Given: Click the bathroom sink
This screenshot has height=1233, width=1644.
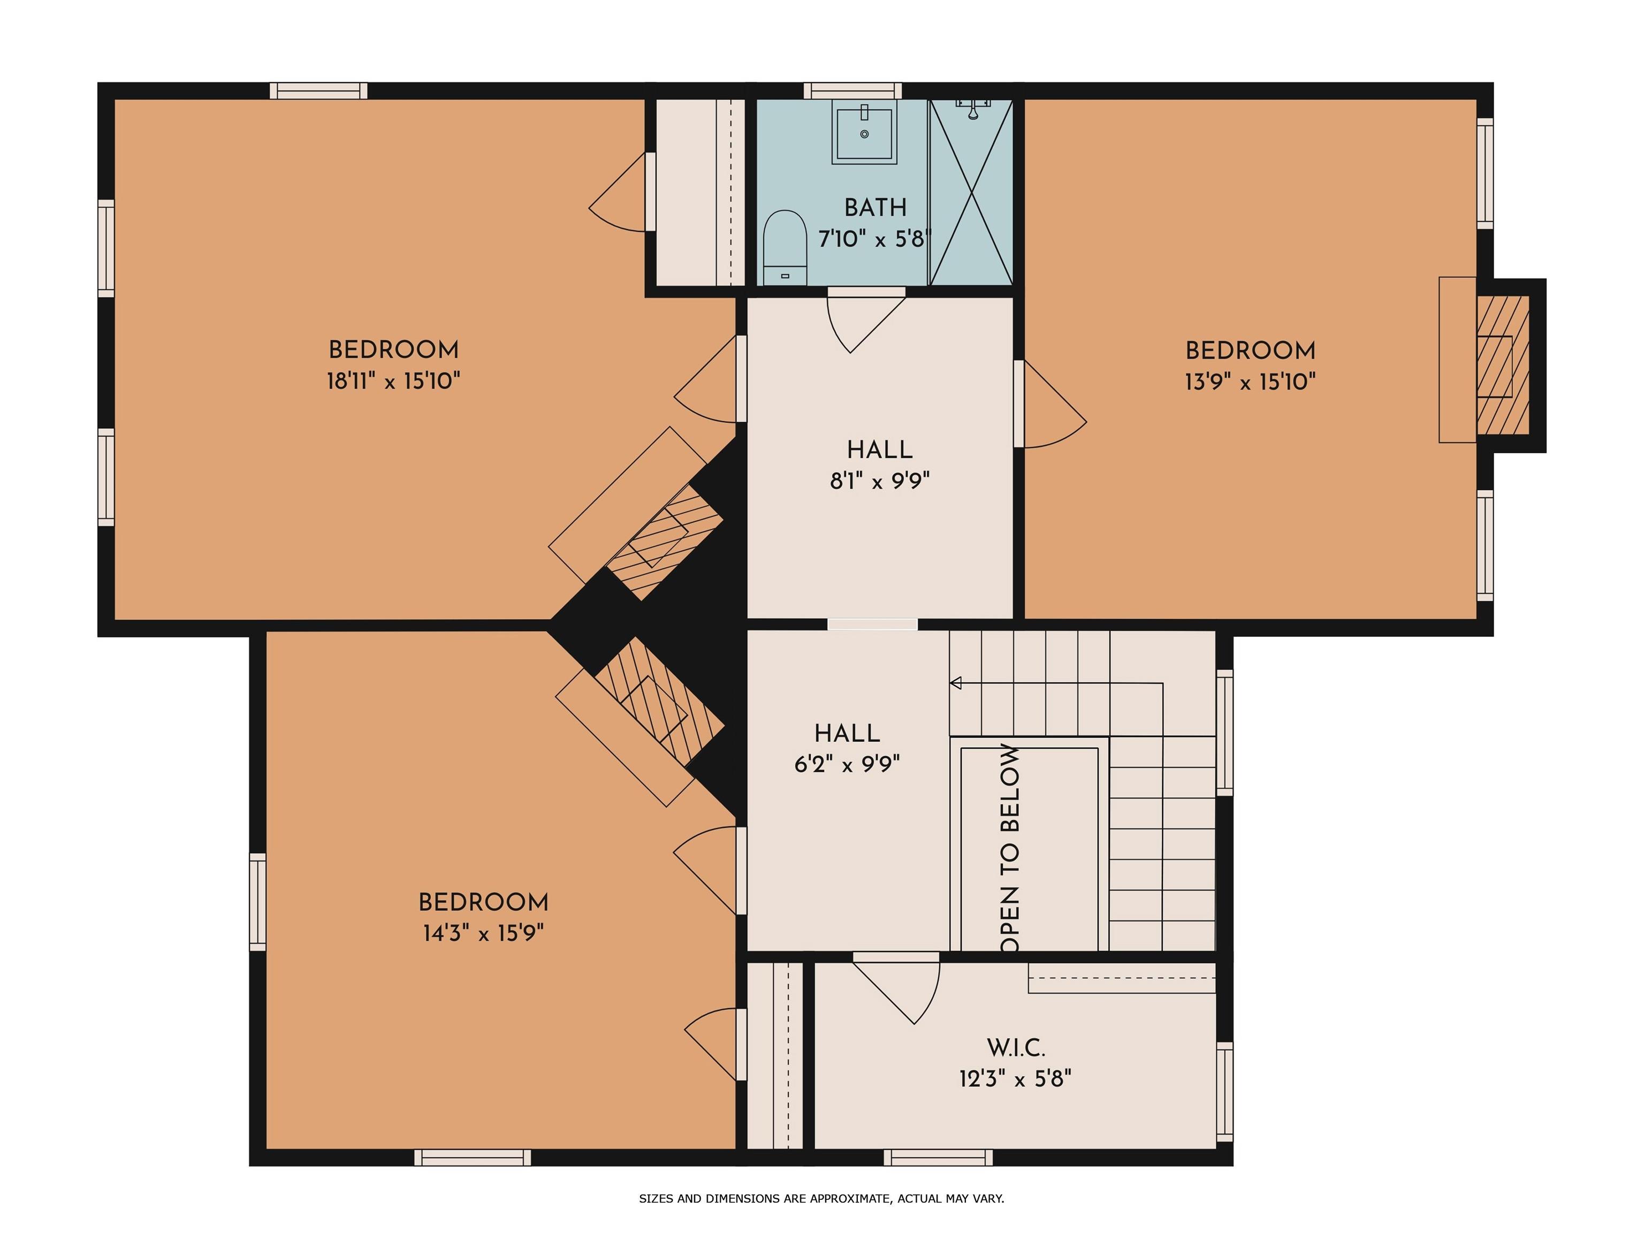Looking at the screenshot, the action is tap(864, 132).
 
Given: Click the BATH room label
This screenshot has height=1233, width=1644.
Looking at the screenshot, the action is tap(875, 207).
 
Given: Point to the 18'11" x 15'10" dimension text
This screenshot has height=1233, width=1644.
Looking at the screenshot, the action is tap(393, 381).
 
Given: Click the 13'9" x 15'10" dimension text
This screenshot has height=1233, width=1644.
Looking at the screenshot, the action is tap(1250, 382).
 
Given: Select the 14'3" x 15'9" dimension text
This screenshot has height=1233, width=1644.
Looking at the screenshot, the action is tap(483, 933).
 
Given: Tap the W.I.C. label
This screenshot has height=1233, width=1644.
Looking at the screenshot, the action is tap(1015, 1048).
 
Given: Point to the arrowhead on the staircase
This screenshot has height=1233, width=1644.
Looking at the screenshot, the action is tap(955, 683).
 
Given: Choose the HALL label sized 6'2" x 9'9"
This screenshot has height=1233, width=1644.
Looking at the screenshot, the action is tap(847, 734).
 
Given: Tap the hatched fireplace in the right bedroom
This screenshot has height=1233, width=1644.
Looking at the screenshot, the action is tap(1502, 365).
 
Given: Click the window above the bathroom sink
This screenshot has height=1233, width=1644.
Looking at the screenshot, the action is tap(853, 90).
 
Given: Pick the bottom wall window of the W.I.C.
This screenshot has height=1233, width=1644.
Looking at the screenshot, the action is tap(938, 1157).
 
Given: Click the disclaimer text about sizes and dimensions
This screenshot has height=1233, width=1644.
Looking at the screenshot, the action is tap(821, 1198).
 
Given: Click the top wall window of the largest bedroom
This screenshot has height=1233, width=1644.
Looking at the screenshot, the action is tap(318, 90).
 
